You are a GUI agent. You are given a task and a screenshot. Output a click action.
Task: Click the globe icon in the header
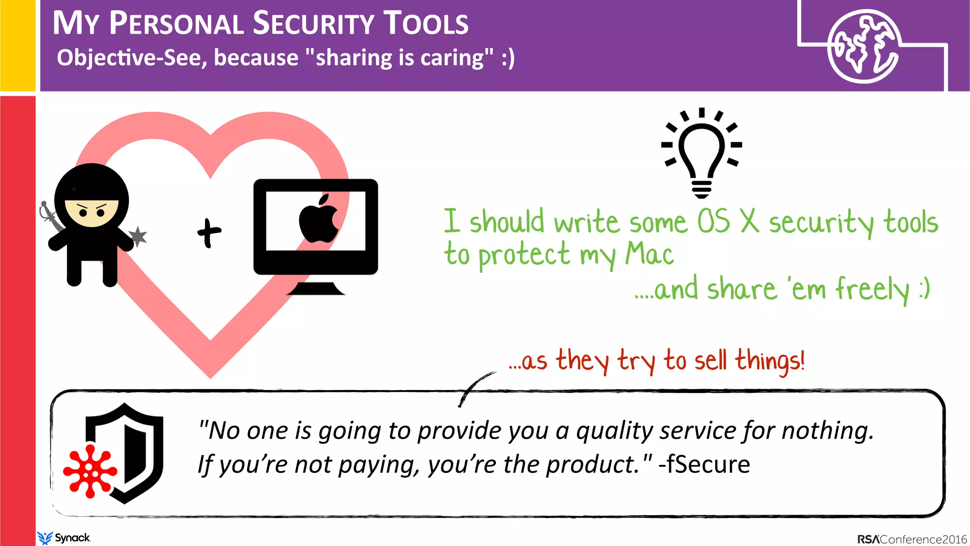(x=863, y=46)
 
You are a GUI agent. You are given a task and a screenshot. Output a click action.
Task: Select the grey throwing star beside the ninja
(x=138, y=236)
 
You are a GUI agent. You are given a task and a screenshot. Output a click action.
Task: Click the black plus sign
(x=209, y=233)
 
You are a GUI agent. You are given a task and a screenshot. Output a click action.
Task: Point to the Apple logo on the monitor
(x=318, y=219)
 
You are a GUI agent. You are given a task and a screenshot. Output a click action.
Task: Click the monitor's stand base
(x=315, y=289)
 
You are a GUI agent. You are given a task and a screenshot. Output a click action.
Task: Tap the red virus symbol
(x=90, y=471)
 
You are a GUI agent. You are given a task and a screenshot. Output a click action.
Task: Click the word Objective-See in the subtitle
(x=131, y=58)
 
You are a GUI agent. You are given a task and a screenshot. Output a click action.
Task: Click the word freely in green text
(x=871, y=289)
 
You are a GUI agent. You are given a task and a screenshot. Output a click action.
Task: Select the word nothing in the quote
(x=827, y=431)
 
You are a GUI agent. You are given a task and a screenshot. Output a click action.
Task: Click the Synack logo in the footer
(x=63, y=538)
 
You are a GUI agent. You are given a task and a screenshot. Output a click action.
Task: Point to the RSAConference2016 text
(x=912, y=539)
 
